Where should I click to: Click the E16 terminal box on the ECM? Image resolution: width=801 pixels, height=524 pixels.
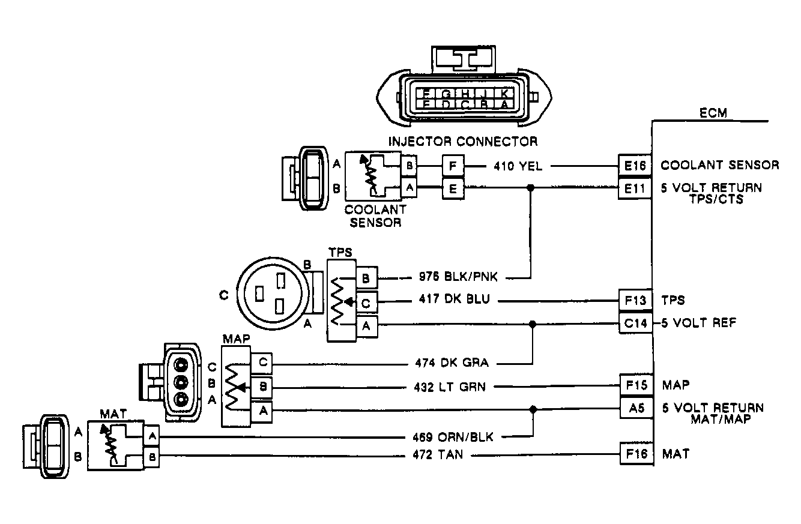tap(635, 165)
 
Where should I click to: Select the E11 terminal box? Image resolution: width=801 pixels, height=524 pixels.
tap(635, 188)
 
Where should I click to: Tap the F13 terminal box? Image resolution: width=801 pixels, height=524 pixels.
tap(635, 300)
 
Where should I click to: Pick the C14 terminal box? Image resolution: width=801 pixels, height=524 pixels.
tap(635, 324)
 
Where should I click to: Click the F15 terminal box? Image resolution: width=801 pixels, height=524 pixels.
tap(635, 384)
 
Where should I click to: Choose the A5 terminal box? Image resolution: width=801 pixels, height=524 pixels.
tap(635, 409)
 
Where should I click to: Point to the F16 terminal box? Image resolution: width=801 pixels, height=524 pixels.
tap(635, 454)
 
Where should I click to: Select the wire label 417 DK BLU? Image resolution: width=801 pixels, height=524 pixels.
tap(455, 300)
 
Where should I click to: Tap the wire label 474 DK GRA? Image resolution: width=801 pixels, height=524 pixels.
tap(452, 363)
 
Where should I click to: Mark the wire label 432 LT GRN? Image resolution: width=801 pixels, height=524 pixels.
tap(450, 387)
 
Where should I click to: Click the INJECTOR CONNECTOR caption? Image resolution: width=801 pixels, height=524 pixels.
tap(463, 142)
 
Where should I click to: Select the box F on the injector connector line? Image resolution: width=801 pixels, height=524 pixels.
tap(453, 165)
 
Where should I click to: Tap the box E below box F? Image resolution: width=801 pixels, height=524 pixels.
tap(453, 188)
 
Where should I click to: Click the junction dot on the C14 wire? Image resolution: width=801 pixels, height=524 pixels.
tap(532, 324)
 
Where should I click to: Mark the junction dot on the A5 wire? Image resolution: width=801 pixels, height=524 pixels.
tap(533, 409)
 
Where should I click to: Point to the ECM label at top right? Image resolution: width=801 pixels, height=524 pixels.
tap(713, 113)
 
